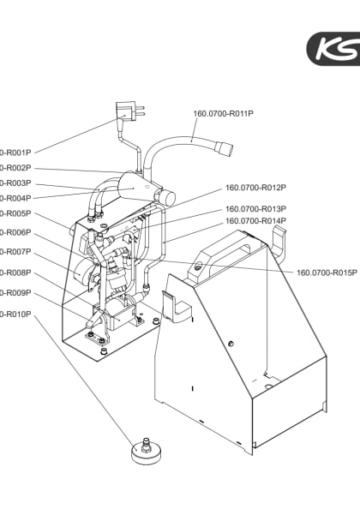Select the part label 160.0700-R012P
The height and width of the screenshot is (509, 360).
pyautogui.click(x=255, y=188)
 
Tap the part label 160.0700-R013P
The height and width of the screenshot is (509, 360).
pyautogui.click(x=255, y=208)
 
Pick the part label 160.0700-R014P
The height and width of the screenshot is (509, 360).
pyautogui.click(x=255, y=221)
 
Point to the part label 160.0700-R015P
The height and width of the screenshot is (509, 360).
pyautogui.click(x=327, y=272)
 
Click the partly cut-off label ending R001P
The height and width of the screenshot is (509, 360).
pyautogui.click(x=15, y=153)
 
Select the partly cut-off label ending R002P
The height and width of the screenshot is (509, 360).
pyautogui.click(x=15, y=168)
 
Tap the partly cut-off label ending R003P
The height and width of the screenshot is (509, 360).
pyautogui.click(x=15, y=183)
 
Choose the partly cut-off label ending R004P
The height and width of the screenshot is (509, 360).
pyautogui.click(x=15, y=198)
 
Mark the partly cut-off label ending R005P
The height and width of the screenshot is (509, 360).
pyautogui.click(x=15, y=213)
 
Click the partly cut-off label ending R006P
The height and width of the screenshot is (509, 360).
pyautogui.click(x=15, y=232)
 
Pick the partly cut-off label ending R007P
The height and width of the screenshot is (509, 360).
pyautogui.click(x=15, y=252)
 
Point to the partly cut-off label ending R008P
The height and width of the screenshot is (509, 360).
pyautogui.click(x=15, y=272)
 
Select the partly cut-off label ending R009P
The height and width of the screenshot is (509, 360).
pyautogui.click(x=15, y=293)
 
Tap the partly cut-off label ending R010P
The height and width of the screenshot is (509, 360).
pyautogui.click(x=15, y=314)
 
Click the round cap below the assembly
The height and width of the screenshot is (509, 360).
pyautogui.click(x=147, y=451)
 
